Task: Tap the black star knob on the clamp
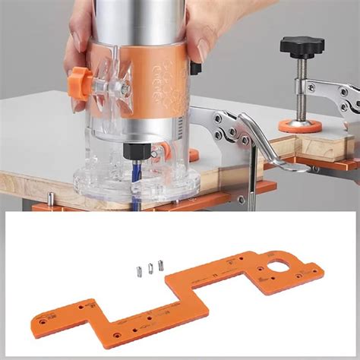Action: [x=301, y=47]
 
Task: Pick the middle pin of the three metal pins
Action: [x=150, y=267]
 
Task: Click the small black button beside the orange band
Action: [x=195, y=69]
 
